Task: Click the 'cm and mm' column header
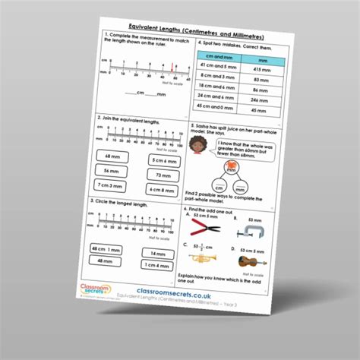[215, 57]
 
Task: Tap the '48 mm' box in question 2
[112, 156]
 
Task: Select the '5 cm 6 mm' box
[159, 160]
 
